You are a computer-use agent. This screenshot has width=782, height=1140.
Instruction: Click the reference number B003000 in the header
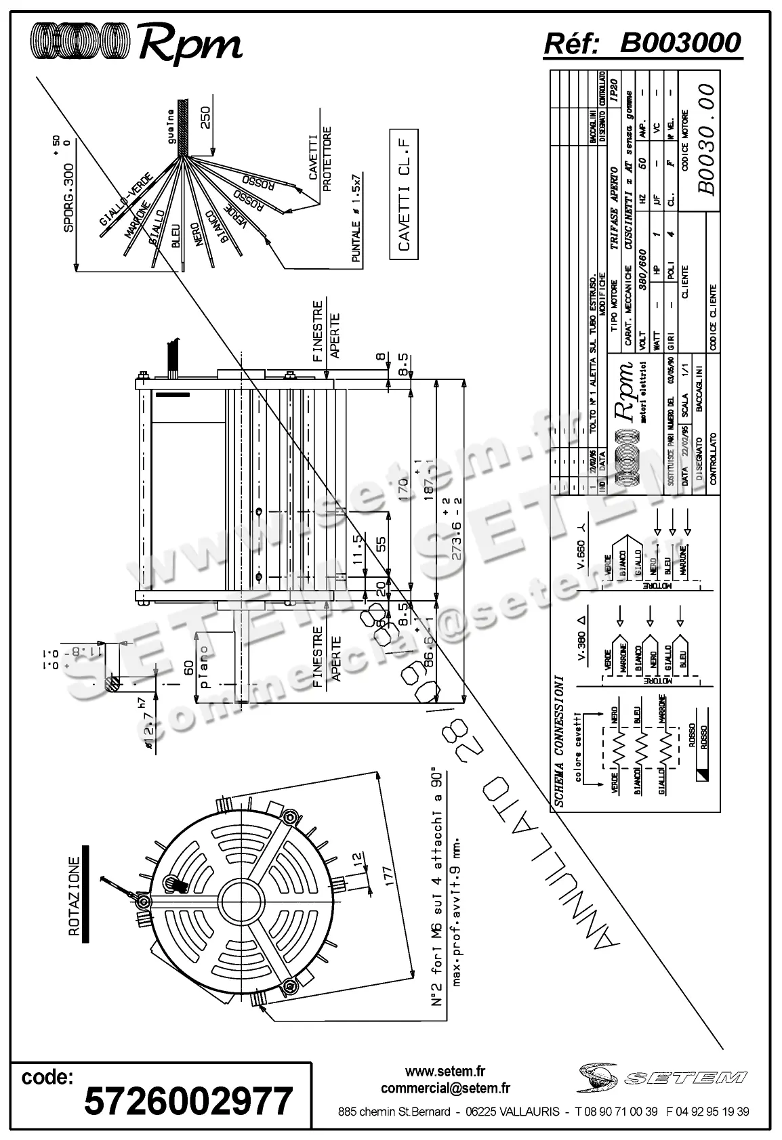click(x=680, y=43)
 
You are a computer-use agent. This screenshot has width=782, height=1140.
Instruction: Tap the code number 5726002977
click(x=188, y=1101)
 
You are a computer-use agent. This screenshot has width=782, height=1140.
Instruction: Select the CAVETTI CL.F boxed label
click(x=405, y=193)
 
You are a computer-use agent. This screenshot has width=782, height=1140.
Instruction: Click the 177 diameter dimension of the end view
click(x=387, y=874)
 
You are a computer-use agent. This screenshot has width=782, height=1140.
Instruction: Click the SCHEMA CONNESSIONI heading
click(x=560, y=740)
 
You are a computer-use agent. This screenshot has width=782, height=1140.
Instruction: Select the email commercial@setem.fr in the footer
click(x=445, y=1089)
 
